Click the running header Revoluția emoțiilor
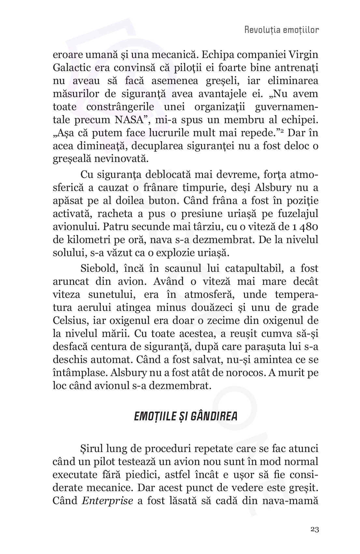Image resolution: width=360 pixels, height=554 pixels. [x=281, y=30]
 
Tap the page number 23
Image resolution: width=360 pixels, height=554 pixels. [x=314, y=529]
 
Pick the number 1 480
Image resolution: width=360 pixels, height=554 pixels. [x=306, y=227]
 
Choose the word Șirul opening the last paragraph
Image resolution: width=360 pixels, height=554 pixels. [x=92, y=449]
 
